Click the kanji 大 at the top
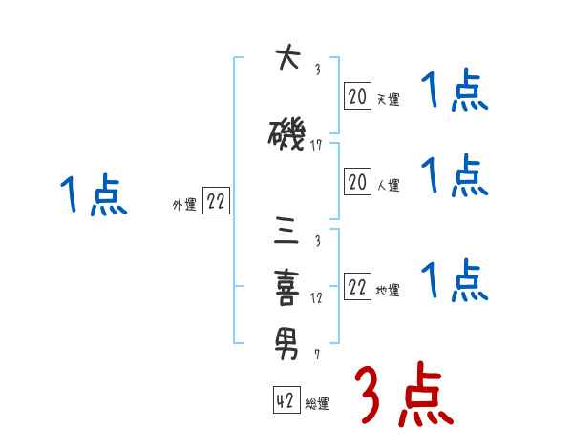[x=287, y=60]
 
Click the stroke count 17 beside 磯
[x=318, y=146]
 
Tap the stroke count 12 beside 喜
[x=318, y=296]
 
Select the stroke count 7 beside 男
[x=318, y=354]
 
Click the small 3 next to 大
[x=317, y=70]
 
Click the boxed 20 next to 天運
[x=357, y=95]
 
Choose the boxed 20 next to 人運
[x=357, y=181]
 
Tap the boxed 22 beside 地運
[x=357, y=287]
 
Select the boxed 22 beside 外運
[x=216, y=201]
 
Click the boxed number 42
[x=285, y=400]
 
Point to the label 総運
[x=317, y=404]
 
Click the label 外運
[x=184, y=205]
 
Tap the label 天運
[x=388, y=99]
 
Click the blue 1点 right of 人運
[x=455, y=175]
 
